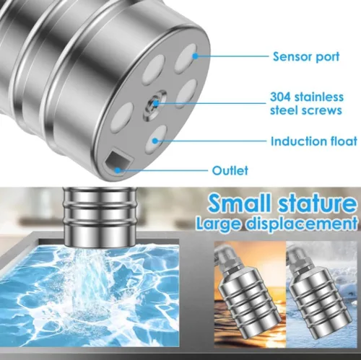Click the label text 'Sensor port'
[306, 57]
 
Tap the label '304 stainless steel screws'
[307, 104]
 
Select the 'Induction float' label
[314, 141]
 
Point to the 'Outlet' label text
[230, 170]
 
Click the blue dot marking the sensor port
[196, 56]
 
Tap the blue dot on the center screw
[156, 104]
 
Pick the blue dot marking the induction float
[155, 141]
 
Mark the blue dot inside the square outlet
[118, 170]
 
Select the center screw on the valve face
[155, 105]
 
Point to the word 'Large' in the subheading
[219, 224]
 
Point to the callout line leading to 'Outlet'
[162, 170]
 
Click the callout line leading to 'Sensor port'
[232, 56]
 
